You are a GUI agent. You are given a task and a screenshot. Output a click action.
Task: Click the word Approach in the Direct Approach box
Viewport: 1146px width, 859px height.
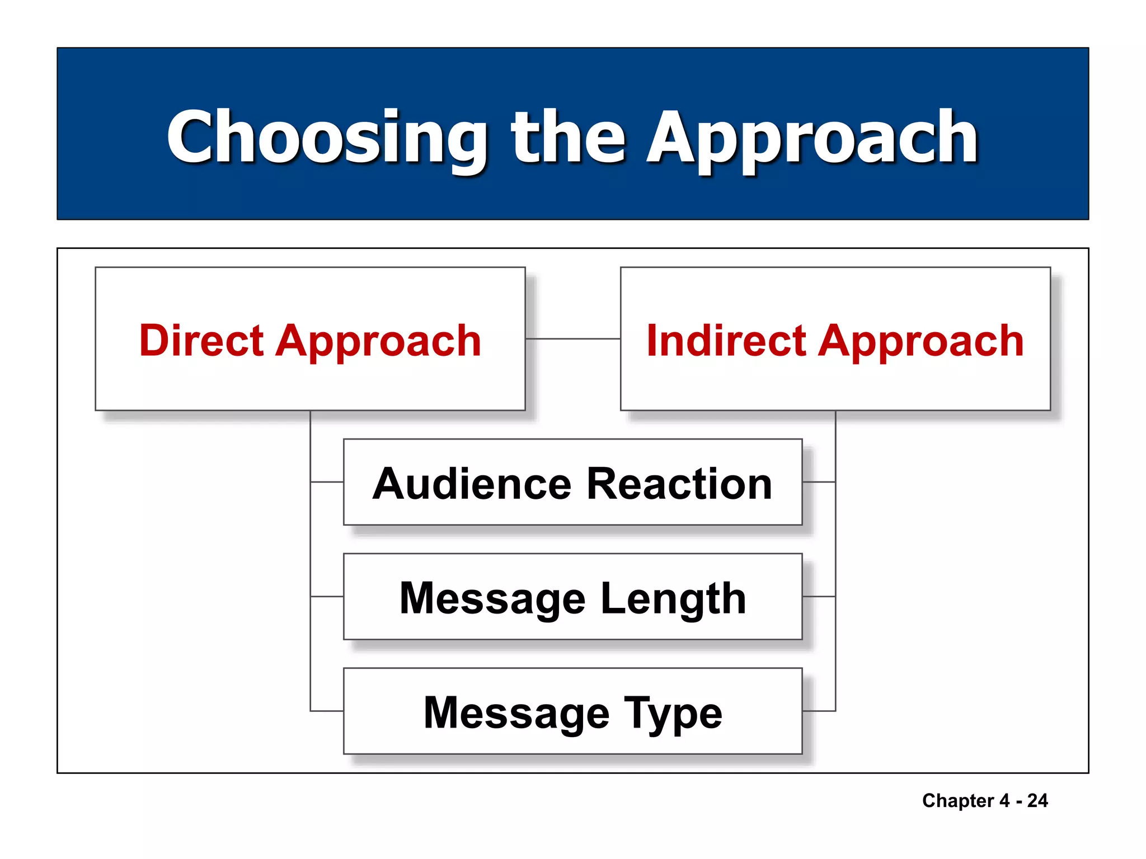tap(378, 341)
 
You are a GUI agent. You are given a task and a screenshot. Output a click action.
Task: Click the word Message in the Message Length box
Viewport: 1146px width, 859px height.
tap(492, 598)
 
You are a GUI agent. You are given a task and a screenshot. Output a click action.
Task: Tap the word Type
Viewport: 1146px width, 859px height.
tap(673, 714)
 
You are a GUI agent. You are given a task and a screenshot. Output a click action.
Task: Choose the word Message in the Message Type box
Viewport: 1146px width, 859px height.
tap(516, 712)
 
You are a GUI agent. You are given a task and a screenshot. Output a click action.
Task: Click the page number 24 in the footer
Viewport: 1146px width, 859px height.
tap(1037, 800)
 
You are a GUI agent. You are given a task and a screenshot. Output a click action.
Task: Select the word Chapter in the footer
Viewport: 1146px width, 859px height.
tap(957, 801)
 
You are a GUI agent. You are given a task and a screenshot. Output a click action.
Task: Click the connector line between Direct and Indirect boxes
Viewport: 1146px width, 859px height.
tap(572, 338)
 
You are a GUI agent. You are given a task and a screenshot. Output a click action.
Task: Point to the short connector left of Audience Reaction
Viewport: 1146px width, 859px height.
tap(327, 482)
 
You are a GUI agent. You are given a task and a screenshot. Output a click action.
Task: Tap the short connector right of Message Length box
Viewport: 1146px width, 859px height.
tap(819, 597)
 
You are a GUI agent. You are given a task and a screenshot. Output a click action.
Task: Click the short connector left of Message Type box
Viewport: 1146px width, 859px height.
tap(327, 711)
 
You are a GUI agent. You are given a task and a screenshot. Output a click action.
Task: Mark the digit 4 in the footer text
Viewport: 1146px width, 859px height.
tap(1004, 800)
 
